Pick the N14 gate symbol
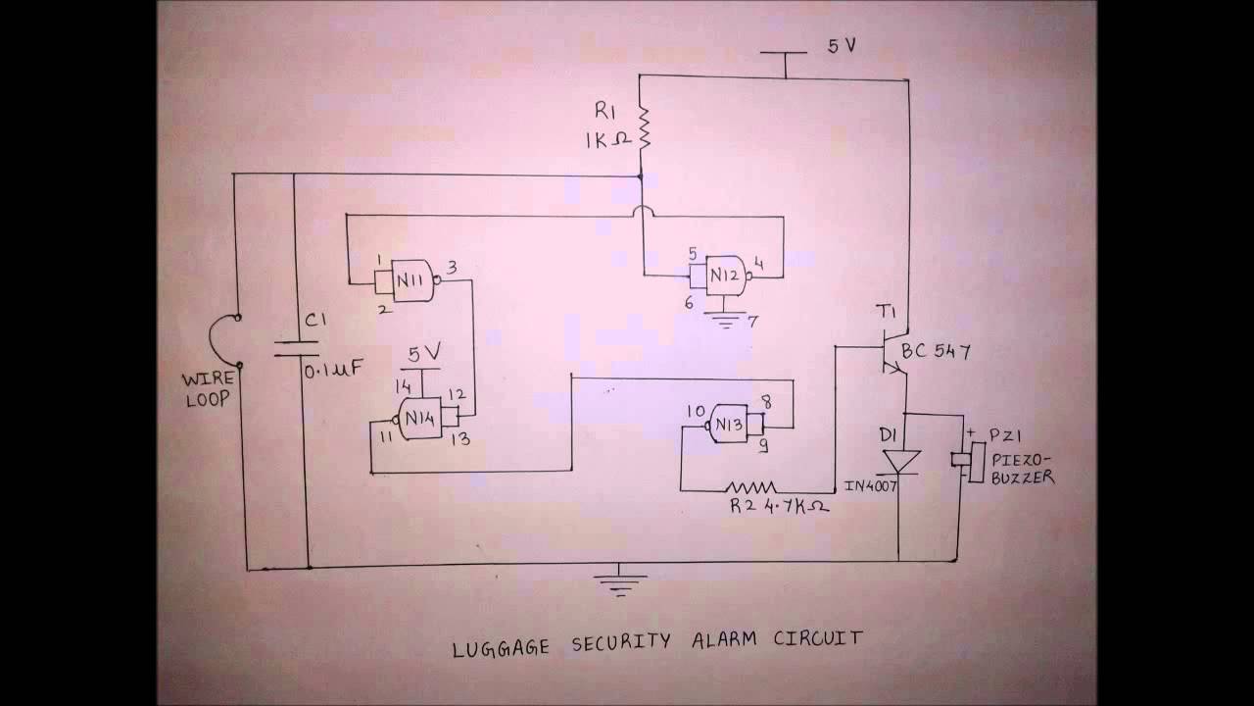422,416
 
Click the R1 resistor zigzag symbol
644,128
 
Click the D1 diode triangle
900,461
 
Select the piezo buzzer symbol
962,458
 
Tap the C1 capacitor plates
296,348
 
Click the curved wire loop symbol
222,340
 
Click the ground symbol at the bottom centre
619,580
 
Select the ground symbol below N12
726,320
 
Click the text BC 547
936,352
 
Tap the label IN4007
871,486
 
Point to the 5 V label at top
841,46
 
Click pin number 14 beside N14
402,385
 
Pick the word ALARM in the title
728,640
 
